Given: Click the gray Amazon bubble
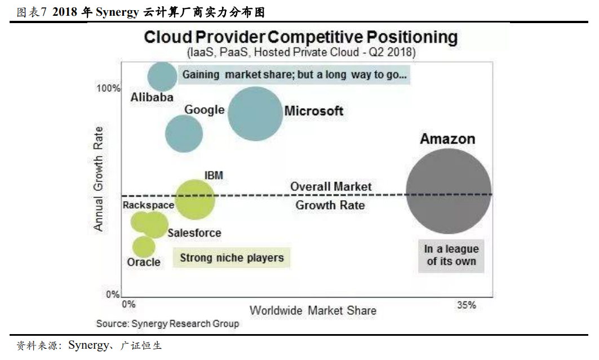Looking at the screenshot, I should tap(449, 192).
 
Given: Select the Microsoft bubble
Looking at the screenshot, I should tap(255, 114).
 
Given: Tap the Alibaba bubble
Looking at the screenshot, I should tap(162, 77).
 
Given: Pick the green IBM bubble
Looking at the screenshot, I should tap(195, 199).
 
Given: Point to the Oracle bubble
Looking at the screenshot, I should tap(144, 246).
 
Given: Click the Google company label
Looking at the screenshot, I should tap(205, 110).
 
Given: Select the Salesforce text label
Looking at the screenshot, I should tap(194, 233).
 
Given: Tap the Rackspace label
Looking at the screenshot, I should tap(148, 205).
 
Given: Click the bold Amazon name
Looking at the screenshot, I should tap(447, 139).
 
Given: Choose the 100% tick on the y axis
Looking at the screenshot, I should tap(108, 88).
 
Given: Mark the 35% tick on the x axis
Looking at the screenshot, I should tap(466, 305).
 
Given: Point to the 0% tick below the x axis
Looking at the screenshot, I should tap(129, 305).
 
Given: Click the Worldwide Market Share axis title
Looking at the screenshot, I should tap(313, 310).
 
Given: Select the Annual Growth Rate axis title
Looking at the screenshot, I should tap(99, 178).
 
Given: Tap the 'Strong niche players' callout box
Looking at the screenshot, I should tap(232, 258).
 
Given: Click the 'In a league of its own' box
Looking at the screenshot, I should tap(451, 255).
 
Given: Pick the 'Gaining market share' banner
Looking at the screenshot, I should tap(294, 75).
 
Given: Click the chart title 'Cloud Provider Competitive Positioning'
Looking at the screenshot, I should tap(301, 38).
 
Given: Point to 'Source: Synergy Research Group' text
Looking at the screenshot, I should tap(167, 323).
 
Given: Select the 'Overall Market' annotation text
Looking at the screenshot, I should tap(331, 186).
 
